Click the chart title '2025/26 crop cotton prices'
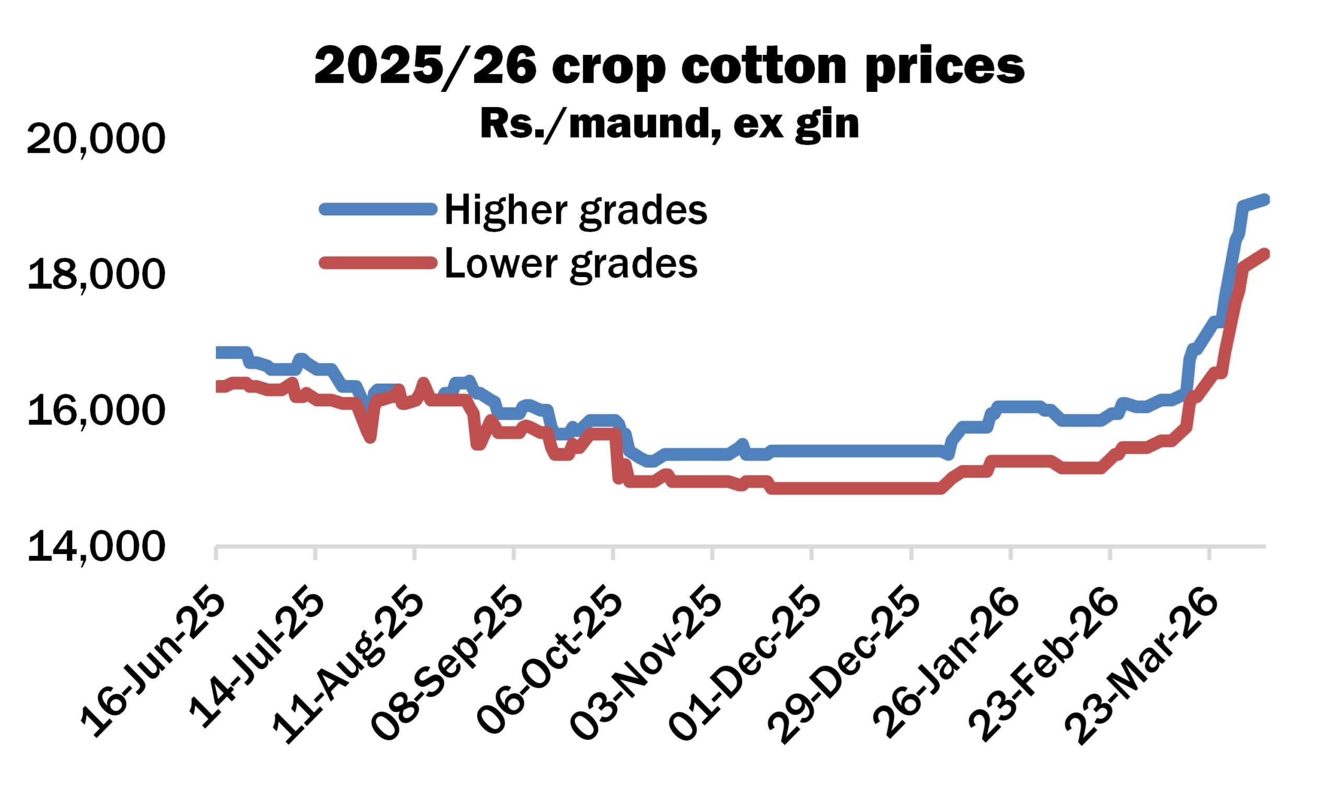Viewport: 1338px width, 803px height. pos(669,66)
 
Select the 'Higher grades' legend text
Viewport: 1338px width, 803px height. pos(575,210)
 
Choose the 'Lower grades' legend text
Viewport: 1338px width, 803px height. pos(571,263)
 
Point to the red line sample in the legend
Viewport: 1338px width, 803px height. pos(378,263)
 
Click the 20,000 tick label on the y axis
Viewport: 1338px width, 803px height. pos(95,139)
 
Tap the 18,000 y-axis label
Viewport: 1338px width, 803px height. pos(95,274)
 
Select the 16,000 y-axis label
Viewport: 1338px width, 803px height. pos(95,411)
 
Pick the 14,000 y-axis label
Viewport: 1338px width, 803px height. pos(95,546)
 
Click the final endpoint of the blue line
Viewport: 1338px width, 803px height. pos(1265,200)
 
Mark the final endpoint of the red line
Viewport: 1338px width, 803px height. pos(1265,254)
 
